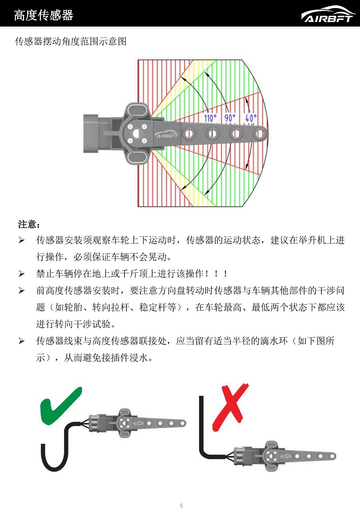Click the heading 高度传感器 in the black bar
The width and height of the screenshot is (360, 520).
coord(43,15)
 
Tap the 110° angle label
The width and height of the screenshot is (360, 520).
coord(210,118)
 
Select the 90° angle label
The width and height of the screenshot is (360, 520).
coord(230,118)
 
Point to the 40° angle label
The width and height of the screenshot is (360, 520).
coord(251,118)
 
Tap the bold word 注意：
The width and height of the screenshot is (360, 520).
coord(29,224)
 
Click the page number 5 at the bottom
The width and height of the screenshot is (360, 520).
coord(181,506)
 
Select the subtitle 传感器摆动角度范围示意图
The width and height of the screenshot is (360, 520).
coord(71,42)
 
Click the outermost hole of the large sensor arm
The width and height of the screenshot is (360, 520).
coord(260,133)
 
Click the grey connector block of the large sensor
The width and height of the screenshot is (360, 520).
coord(96,131)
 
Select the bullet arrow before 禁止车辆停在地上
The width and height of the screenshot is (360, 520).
coord(21,274)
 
